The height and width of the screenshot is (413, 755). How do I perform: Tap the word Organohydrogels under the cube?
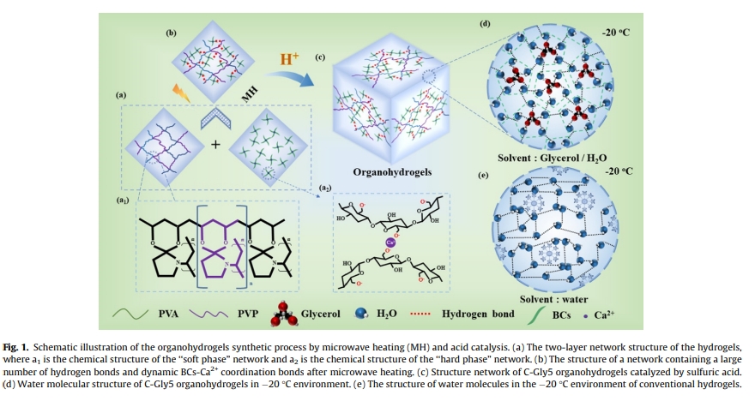click(x=392, y=171)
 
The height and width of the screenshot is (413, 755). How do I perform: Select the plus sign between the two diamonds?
click(x=215, y=144)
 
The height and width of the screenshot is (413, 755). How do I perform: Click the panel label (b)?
click(x=170, y=32)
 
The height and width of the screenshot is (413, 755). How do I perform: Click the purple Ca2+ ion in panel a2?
click(x=389, y=242)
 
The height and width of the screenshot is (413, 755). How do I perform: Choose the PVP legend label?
click(x=248, y=314)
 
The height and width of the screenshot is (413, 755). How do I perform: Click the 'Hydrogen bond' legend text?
click(x=478, y=314)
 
